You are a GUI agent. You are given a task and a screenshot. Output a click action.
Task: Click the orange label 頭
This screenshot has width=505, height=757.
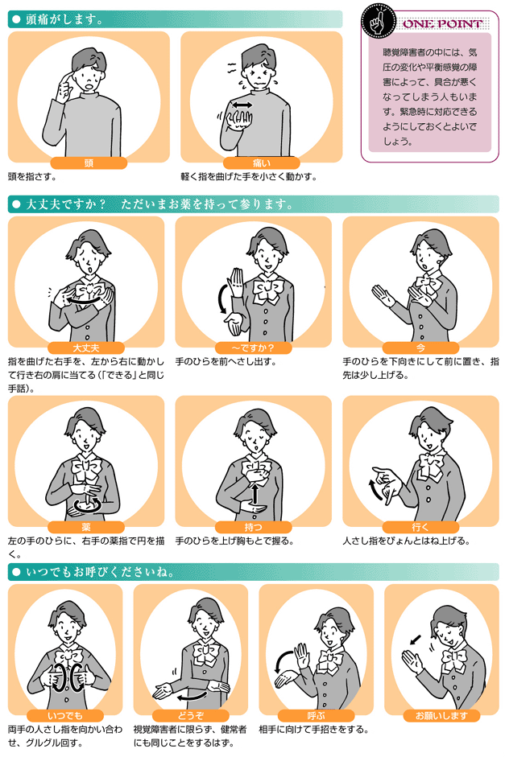(89, 163)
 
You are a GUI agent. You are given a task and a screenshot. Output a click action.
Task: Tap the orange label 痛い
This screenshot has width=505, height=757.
(262, 163)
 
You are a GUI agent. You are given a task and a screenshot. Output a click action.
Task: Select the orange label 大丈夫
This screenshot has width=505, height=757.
(86, 348)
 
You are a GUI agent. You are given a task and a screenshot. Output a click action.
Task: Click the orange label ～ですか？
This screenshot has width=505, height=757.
(253, 348)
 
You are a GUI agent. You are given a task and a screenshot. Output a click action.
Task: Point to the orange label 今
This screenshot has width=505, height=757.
(420, 348)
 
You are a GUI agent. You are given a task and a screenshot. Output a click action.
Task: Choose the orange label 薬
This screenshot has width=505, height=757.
(86, 527)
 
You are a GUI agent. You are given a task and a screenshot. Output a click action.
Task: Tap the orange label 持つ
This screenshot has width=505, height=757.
(253, 527)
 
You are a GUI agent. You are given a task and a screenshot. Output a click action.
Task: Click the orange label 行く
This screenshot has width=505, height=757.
(420, 527)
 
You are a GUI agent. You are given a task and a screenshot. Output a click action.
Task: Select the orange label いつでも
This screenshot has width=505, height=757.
(65, 715)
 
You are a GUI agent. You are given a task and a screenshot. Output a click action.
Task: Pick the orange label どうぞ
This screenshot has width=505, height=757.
(190, 715)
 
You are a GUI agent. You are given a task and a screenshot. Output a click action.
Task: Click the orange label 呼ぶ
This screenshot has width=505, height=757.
(316, 715)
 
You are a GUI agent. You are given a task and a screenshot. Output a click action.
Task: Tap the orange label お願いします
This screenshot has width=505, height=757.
(441, 715)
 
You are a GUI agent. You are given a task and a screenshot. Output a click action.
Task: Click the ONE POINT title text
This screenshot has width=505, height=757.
(442, 23)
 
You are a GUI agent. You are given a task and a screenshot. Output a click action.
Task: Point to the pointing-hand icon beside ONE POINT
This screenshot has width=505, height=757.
(379, 20)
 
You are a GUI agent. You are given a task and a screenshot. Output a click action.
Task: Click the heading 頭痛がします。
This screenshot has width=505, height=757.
(64, 19)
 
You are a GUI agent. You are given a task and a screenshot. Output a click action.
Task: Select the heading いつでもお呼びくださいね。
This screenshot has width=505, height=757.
(100, 572)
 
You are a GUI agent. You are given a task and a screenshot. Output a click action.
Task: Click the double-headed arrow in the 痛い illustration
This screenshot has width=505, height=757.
(242, 105)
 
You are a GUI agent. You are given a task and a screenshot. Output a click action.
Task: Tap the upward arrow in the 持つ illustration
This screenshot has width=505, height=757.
(255, 493)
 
